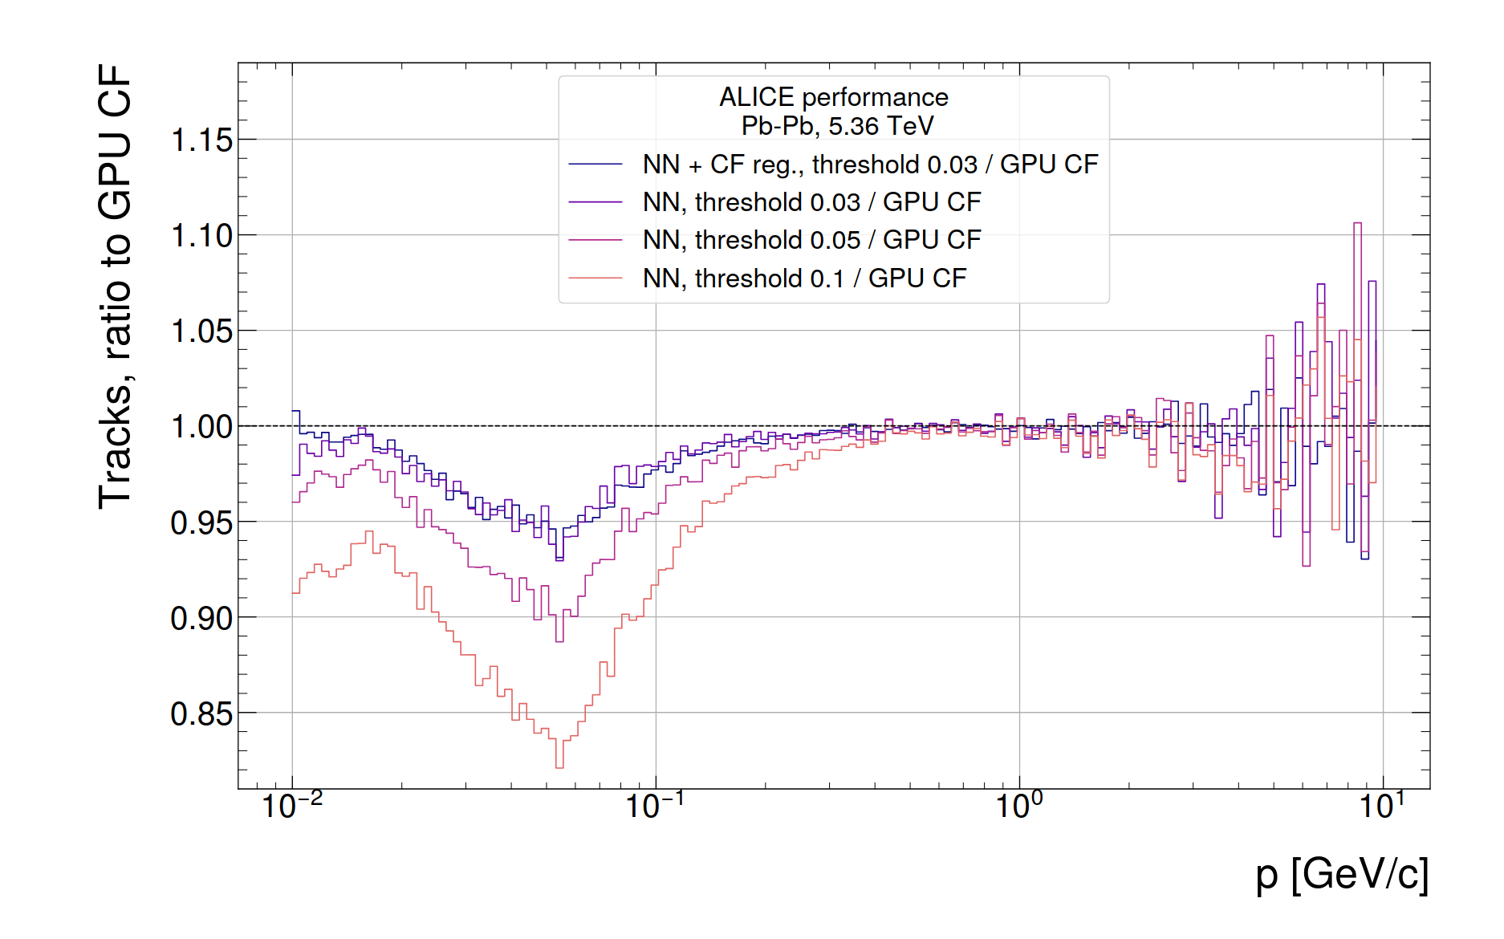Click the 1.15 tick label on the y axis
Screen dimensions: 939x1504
(x=201, y=140)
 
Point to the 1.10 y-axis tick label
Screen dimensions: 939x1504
(x=201, y=236)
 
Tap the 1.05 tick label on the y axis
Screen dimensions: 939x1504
(x=201, y=331)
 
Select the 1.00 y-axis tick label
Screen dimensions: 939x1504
(x=201, y=427)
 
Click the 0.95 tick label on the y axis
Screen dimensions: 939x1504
(x=201, y=523)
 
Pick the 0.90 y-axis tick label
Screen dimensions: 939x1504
(x=201, y=619)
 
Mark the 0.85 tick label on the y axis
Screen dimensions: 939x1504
(x=201, y=714)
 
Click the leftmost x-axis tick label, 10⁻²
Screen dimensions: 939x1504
(x=292, y=805)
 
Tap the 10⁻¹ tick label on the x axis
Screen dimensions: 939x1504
(x=656, y=805)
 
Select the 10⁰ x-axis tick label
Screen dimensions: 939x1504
(x=1019, y=805)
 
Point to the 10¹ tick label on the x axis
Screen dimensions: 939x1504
(x=1382, y=805)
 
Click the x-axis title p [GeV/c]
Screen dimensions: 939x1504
(x=1342, y=874)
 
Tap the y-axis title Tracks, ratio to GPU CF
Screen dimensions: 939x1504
(x=115, y=287)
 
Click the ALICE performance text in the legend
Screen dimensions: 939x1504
(x=833, y=97)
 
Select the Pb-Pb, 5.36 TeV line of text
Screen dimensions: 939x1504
(x=837, y=126)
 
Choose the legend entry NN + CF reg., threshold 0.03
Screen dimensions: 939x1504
(x=870, y=165)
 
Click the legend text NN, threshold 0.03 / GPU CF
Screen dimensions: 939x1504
(x=811, y=202)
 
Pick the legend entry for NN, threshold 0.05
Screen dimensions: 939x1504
(x=811, y=240)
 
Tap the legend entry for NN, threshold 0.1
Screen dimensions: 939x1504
(x=804, y=278)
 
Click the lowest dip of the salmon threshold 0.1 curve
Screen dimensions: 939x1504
(x=559, y=767)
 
